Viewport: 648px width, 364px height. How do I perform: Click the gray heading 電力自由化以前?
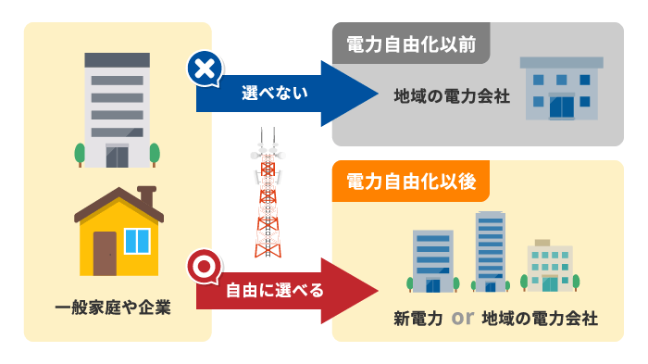click(x=411, y=45)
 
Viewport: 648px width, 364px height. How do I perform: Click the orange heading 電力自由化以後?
click(x=411, y=182)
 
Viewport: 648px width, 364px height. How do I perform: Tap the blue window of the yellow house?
click(x=136, y=241)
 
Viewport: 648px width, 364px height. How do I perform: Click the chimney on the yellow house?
click(x=146, y=196)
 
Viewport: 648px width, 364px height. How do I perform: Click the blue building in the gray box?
click(x=561, y=88)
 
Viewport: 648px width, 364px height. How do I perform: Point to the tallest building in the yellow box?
click(x=490, y=250)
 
